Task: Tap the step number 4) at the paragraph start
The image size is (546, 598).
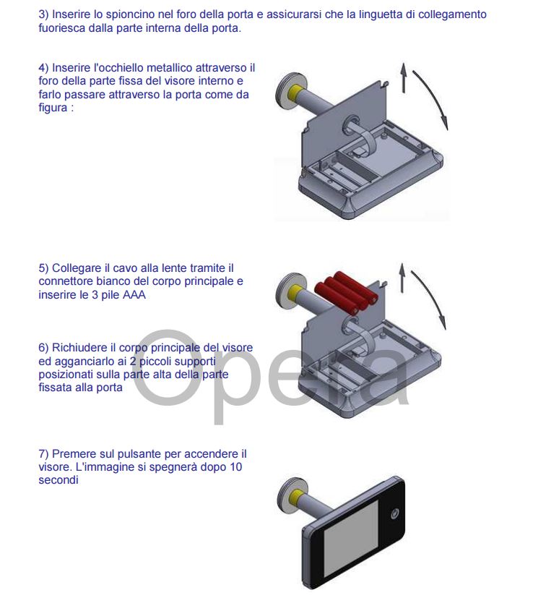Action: [x=43, y=68]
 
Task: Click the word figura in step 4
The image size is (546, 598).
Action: [x=53, y=108]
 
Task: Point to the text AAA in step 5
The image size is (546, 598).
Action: [x=134, y=295]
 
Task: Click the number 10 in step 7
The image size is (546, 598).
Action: [x=236, y=467]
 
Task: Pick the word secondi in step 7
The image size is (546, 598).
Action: [x=58, y=480]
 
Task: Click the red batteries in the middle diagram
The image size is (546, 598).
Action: [x=346, y=292]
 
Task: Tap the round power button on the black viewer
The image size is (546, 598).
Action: [x=395, y=514]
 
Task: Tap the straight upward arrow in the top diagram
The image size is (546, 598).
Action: [x=403, y=78]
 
